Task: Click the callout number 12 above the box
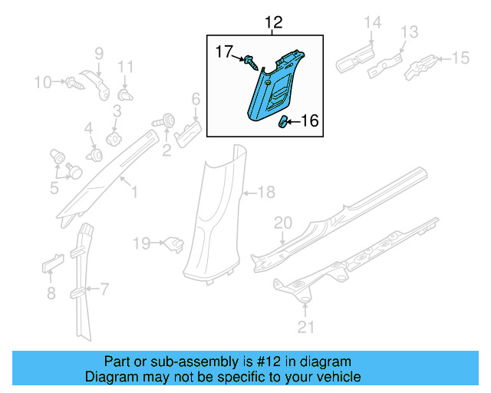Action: [x=273, y=23]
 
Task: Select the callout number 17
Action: [x=223, y=52]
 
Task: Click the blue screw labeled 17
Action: [x=251, y=61]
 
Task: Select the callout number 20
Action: [x=283, y=222]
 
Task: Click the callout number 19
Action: [x=141, y=243]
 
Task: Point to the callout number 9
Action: [x=98, y=52]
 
